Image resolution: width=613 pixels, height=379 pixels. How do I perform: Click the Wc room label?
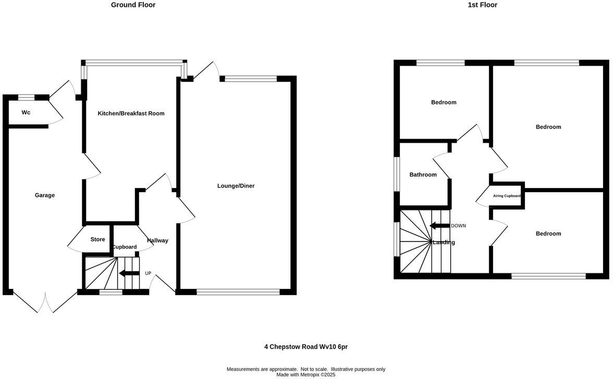26,112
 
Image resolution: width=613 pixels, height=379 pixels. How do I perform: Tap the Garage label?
45,195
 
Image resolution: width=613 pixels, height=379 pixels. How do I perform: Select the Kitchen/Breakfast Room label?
131,113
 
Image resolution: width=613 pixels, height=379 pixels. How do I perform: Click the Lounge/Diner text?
236,186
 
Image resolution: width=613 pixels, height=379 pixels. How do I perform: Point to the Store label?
97,239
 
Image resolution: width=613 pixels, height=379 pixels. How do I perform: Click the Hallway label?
157,241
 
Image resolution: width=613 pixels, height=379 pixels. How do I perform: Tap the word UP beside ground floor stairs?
148,273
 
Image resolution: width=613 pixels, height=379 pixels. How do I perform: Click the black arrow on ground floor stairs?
129,274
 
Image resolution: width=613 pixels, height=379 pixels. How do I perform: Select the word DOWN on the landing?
458,226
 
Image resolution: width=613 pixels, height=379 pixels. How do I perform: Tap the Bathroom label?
423,175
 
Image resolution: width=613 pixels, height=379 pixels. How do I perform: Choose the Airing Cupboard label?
507,196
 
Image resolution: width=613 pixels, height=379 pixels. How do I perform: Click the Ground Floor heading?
133,5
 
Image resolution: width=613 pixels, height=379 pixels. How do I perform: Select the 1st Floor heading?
483,5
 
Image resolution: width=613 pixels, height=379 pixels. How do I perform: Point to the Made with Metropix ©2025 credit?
306,374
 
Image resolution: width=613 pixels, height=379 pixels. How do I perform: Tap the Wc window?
26,97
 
